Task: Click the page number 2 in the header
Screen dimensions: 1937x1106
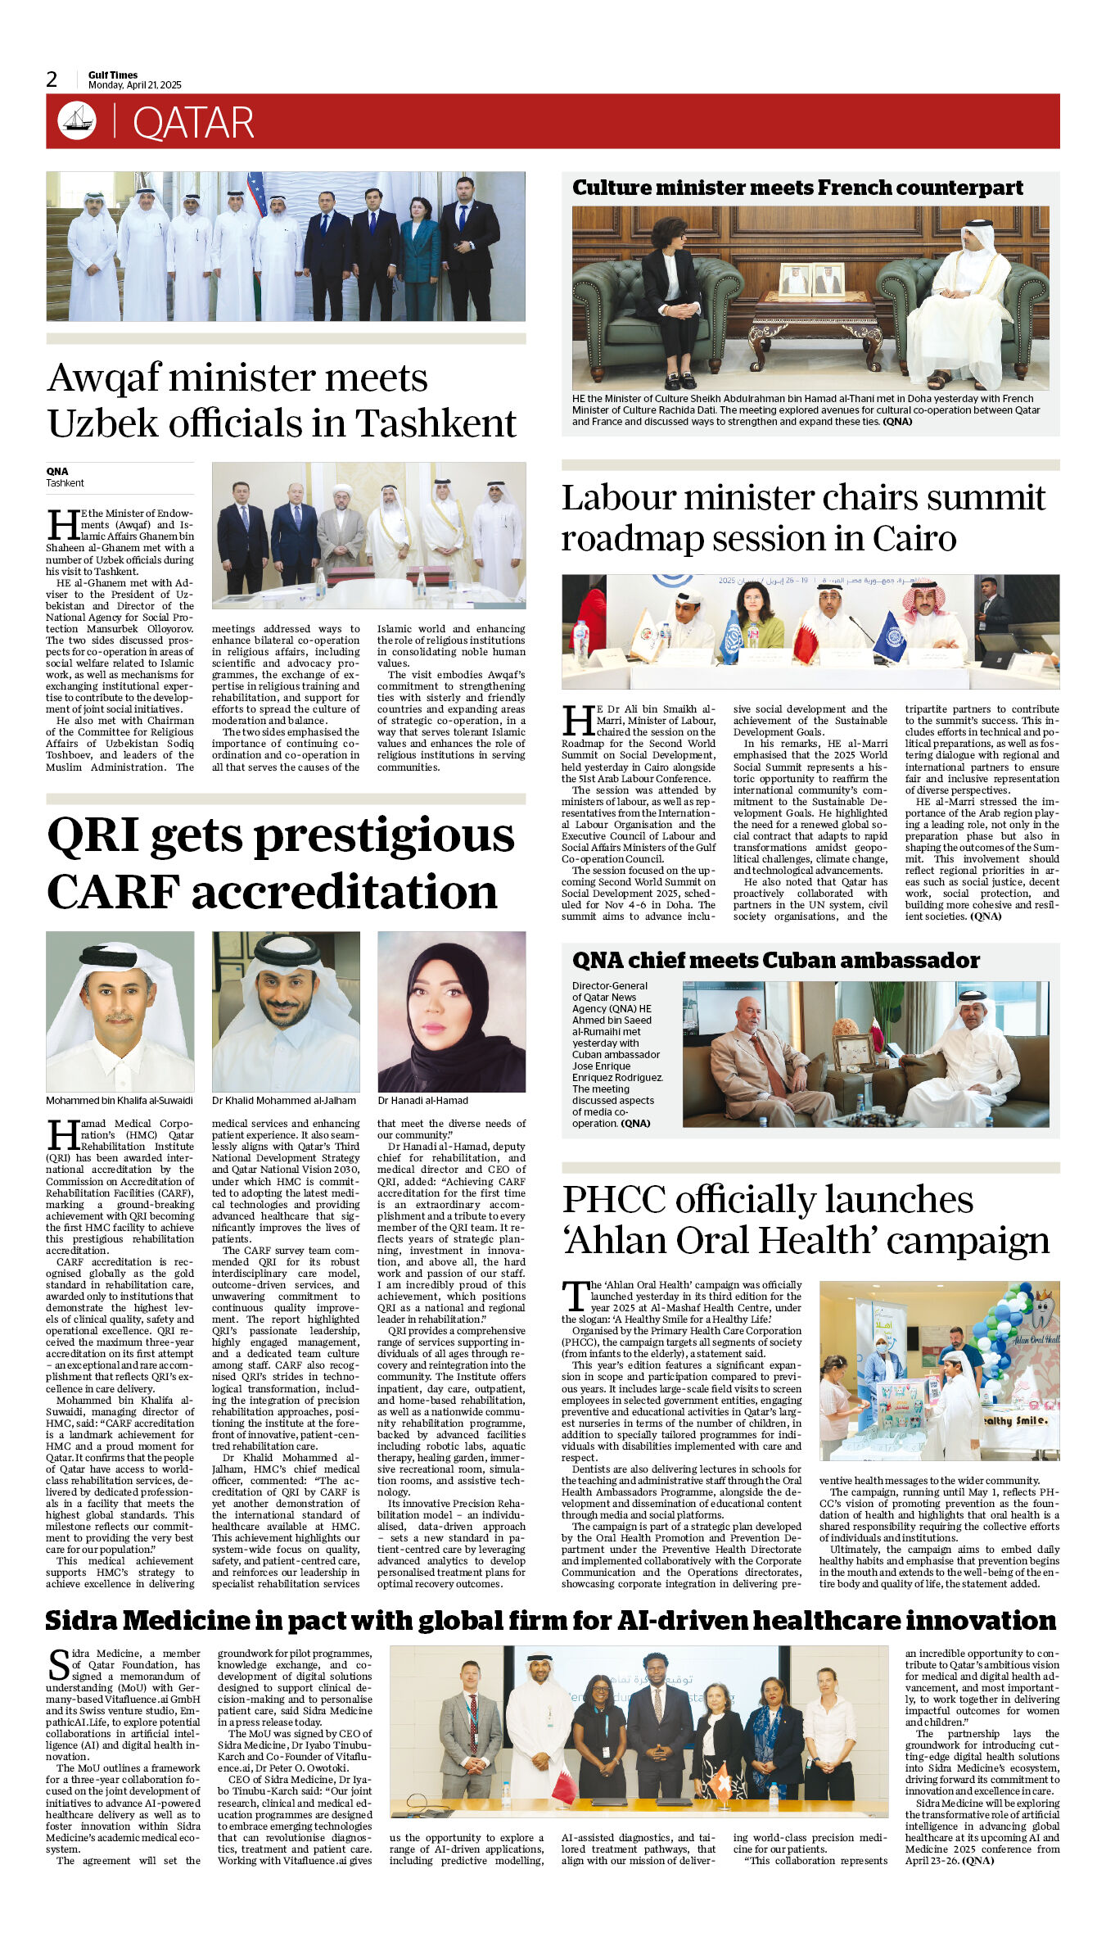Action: pos(52,79)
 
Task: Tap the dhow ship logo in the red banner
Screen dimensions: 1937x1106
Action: pos(77,120)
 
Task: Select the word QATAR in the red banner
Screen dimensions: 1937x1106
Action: pos(193,123)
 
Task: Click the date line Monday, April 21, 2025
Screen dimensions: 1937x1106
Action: pos(135,85)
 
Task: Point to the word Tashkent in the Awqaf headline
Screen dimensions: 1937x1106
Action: pos(436,423)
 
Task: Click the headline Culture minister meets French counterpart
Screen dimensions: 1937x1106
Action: pos(797,188)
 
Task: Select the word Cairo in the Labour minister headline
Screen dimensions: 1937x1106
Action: pos(914,539)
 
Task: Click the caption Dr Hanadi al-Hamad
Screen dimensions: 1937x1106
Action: pos(422,1100)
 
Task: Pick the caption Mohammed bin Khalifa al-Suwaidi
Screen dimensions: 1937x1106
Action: pos(120,1100)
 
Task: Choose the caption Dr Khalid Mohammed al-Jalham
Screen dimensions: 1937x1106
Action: pos(283,1100)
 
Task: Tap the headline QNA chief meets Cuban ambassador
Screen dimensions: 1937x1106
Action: pos(775,960)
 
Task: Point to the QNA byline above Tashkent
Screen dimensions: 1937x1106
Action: pos(57,471)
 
